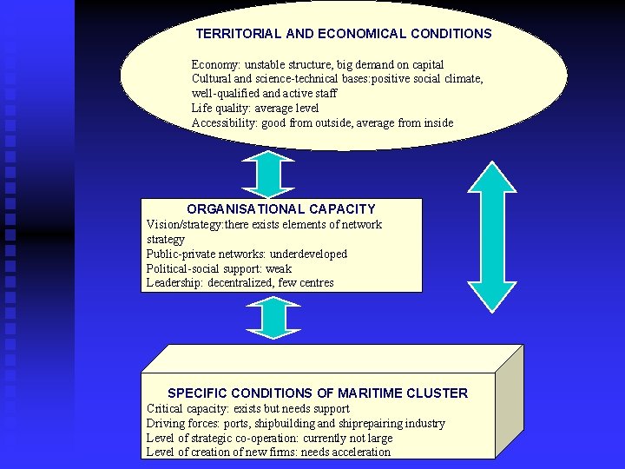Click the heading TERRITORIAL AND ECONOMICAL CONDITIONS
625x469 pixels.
tap(344, 34)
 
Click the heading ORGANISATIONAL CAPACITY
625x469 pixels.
tap(281, 208)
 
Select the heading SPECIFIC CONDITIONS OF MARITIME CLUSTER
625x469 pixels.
tap(318, 393)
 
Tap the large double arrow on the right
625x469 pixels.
tap(492, 236)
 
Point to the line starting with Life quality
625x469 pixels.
tap(255, 109)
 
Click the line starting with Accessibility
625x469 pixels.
tap(322, 123)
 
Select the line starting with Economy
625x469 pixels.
tap(318, 65)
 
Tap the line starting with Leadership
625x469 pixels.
tap(240, 283)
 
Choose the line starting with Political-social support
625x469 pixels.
tap(220, 268)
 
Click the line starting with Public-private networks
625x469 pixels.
tap(247, 254)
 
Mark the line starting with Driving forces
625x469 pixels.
tap(296, 423)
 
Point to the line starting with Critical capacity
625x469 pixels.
tap(248, 408)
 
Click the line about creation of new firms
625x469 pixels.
tap(268, 452)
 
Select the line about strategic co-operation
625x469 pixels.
tap(270, 438)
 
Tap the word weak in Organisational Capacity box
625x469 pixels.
tap(279, 268)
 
